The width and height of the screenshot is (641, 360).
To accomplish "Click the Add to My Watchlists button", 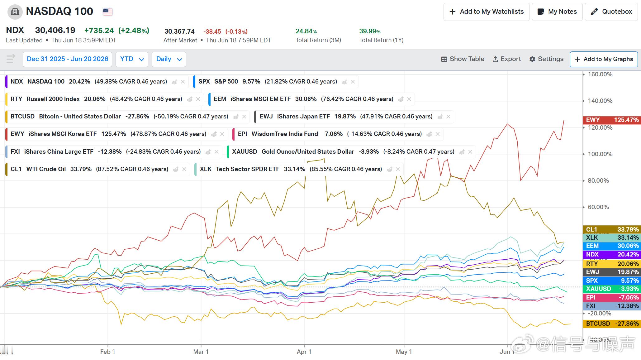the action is [x=486, y=12].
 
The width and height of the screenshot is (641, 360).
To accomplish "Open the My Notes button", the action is [x=557, y=12].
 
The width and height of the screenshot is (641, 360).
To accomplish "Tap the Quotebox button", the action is [x=611, y=12].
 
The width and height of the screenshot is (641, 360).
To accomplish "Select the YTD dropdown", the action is [x=132, y=59].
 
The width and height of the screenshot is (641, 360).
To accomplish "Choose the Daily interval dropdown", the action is [x=169, y=59].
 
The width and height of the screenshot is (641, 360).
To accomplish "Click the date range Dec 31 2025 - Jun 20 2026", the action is [x=67, y=59].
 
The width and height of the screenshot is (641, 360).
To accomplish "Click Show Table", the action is [x=463, y=59].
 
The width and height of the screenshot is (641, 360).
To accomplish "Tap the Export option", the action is [x=506, y=59].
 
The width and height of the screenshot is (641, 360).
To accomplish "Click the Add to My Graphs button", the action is [x=604, y=59].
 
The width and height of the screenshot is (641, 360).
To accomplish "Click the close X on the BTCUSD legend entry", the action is [x=244, y=117].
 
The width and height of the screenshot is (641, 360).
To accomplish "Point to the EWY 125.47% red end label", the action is [x=612, y=120].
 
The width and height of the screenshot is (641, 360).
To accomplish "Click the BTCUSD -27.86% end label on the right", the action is [x=612, y=324].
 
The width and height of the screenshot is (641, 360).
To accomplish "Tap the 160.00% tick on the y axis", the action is [x=600, y=74].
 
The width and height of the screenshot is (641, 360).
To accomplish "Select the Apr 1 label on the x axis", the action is [x=304, y=352].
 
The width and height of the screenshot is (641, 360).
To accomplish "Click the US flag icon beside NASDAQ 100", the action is [x=108, y=12].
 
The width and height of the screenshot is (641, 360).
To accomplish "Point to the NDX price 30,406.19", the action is [x=55, y=30].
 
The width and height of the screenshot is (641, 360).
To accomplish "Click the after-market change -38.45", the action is [x=212, y=31].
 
